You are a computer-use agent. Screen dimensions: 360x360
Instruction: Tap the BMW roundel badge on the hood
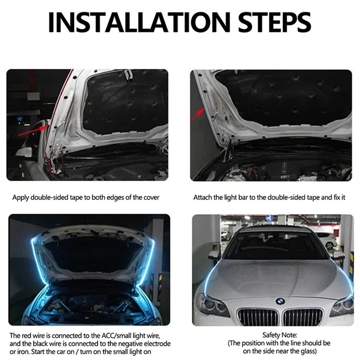(280, 300)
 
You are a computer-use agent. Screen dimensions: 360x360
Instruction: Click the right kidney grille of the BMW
(302, 317)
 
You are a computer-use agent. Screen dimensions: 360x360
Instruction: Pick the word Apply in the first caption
(20, 198)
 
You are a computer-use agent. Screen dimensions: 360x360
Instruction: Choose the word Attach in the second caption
(203, 198)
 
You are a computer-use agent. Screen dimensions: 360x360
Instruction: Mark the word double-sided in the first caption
(50, 198)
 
